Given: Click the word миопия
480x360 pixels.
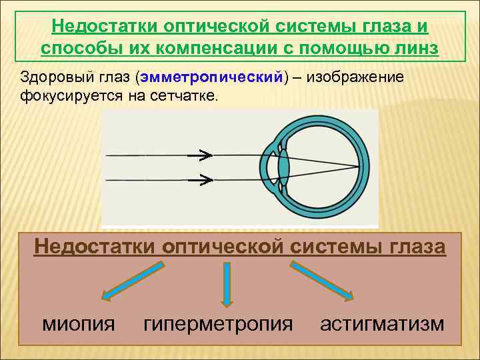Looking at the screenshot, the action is tap(79, 325).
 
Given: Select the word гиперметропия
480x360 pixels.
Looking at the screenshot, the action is tap(218, 325).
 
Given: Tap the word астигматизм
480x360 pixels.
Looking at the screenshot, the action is tap(381, 325).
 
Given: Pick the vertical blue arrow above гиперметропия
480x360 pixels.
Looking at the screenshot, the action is tap(227, 284).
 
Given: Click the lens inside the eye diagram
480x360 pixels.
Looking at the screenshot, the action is tap(283, 167).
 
